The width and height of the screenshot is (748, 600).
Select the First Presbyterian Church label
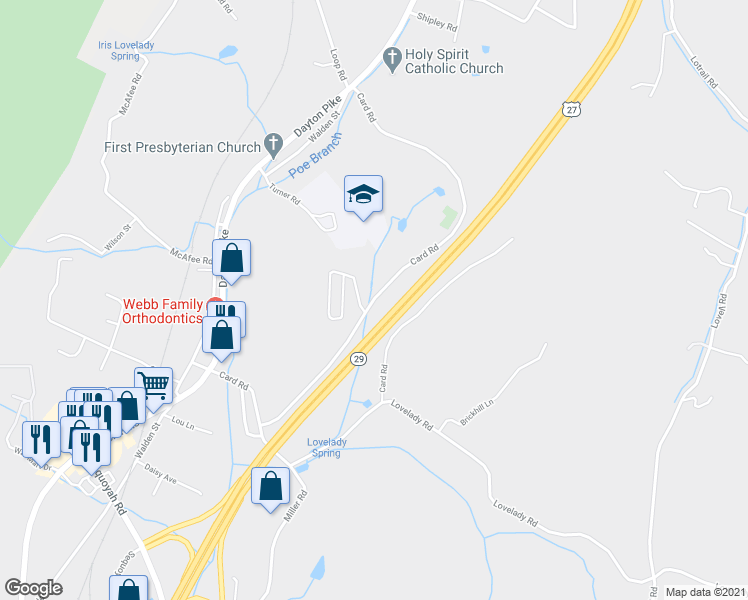click(184, 147)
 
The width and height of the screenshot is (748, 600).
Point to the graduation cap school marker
click(364, 194)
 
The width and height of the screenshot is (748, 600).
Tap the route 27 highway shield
click(570, 109)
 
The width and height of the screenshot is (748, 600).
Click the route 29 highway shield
click(357, 358)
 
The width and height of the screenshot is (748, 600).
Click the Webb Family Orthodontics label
click(162, 311)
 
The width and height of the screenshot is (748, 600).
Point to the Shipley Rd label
click(436, 19)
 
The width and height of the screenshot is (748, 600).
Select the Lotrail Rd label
click(704, 71)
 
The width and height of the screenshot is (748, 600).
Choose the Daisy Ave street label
click(160, 473)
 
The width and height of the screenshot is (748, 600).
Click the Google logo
click(34, 588)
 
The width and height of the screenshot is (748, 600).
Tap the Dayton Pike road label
click(317, 117)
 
